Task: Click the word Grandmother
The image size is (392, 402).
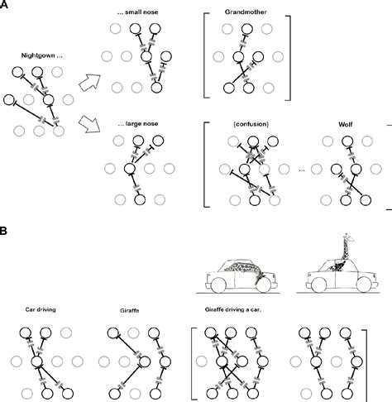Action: (246, 12)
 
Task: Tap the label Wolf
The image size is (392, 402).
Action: (346, 124)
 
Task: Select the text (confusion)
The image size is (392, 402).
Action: (251, 124)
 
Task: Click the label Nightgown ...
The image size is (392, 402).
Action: (38, 55)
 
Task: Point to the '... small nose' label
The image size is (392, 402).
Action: (137, 12)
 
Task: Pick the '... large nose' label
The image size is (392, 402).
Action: (138, 124)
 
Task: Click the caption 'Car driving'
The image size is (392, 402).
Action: (41, 309)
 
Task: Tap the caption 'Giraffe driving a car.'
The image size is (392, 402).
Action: (233, 309)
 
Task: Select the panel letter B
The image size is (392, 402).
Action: (2, 231)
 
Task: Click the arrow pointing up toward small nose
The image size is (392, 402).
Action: (90, 83)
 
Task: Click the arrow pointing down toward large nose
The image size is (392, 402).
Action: (89, 124)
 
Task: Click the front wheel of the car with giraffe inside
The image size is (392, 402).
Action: (264, 285)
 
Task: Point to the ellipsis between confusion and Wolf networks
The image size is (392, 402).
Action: (302, 170)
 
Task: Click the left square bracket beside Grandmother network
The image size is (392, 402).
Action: (205, 55)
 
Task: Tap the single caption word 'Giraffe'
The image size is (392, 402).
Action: (130, 311)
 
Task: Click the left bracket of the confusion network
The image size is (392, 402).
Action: (205, 165)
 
